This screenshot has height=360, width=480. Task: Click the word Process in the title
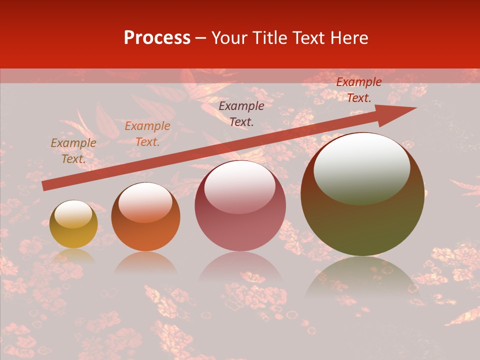(157, 38)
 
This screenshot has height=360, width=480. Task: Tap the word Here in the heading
(348, 38)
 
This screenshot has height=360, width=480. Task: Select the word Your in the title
(230, 38)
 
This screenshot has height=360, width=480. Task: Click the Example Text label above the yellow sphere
(73, 151)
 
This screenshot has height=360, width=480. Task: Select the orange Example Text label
(147, 134)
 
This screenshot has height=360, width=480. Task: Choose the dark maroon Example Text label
(241, 113)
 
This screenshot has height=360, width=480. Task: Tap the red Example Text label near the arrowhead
(359, 90)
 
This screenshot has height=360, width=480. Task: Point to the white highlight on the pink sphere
(239, 186)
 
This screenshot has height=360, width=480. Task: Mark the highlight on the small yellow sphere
(73, 214)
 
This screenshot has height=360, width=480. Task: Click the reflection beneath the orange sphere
(145, 263)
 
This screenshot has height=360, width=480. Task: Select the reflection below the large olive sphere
(362, 277)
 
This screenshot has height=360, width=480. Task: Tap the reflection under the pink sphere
(240, 267)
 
